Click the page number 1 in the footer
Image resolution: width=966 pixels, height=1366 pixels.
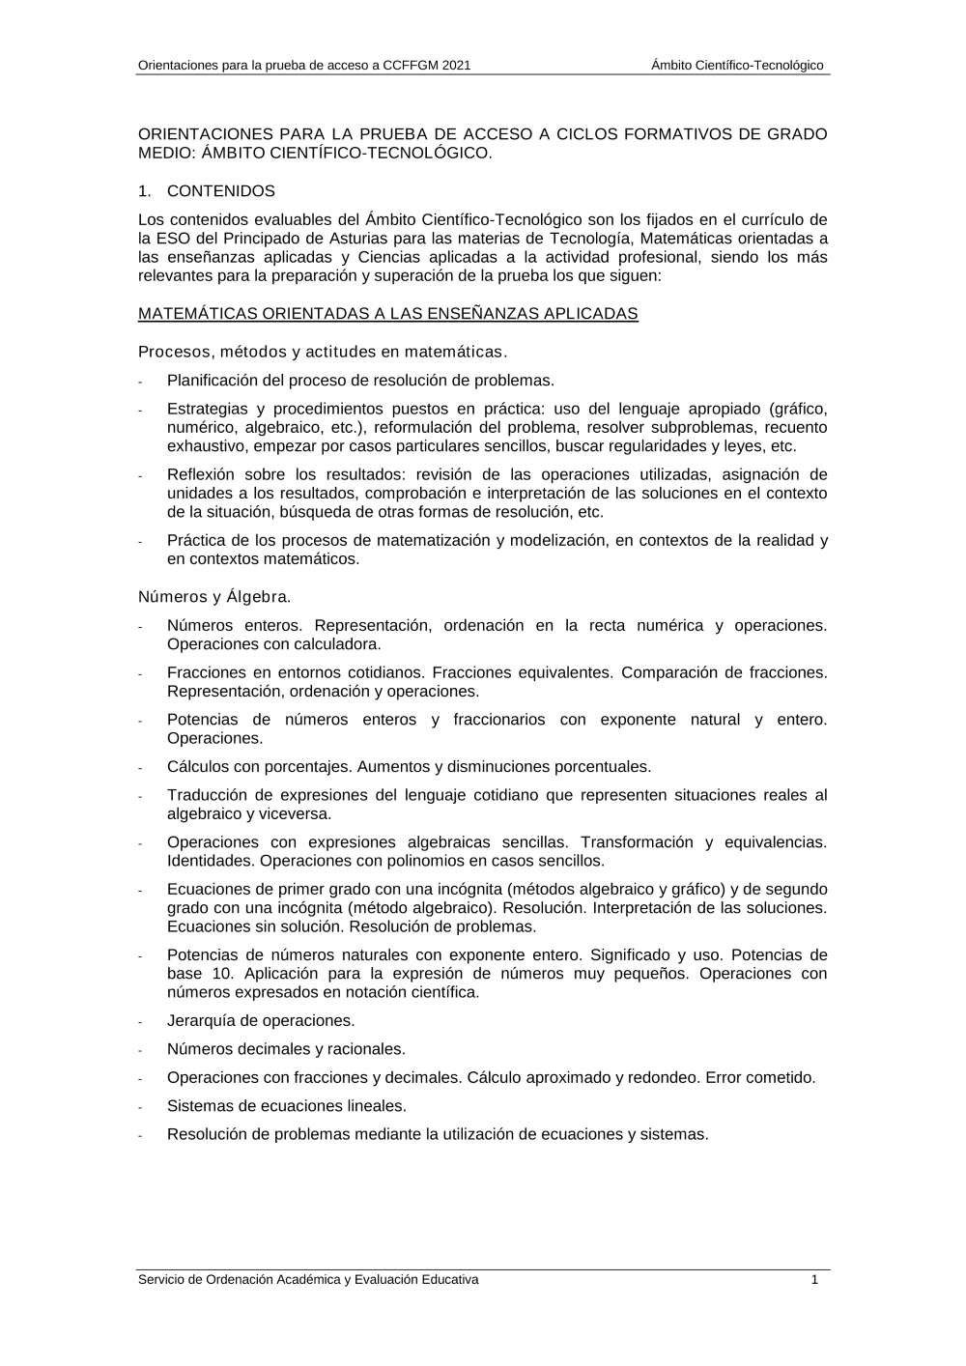tap(814, 1279)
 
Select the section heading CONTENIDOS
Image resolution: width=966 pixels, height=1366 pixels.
tap(220, 191)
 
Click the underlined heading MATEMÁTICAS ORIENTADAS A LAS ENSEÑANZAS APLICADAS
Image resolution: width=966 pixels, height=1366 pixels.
tap(387, 314)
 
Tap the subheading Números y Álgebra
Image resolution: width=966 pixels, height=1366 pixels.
tap(214, 597)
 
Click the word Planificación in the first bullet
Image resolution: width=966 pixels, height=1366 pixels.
tap(214, 381)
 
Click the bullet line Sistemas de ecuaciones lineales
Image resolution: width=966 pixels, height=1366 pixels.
tap(286, 1106)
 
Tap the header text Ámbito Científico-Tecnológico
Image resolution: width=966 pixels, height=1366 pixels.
tap(737, 66)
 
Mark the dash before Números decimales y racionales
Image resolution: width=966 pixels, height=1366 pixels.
tap(141, 1051)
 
